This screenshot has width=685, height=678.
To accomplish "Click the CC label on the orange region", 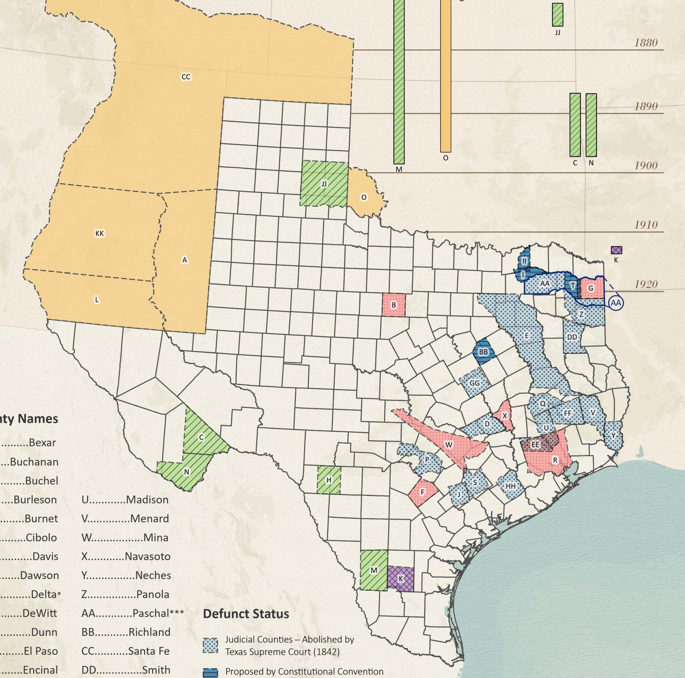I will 186,77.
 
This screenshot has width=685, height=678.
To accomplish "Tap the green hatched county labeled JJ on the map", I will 324,184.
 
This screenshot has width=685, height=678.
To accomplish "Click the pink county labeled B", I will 394,305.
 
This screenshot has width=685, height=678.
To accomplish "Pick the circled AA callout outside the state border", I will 616,303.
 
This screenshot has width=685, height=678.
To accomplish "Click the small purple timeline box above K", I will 616,250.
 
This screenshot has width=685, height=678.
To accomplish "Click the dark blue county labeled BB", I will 483,352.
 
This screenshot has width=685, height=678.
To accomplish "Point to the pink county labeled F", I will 423,492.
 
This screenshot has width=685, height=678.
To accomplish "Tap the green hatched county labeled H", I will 329,480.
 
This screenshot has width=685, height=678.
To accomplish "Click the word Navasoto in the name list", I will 147,556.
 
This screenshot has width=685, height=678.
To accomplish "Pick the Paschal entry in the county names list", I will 149,613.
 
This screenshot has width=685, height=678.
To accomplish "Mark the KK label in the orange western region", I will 100,233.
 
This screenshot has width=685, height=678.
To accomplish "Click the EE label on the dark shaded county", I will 535,444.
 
